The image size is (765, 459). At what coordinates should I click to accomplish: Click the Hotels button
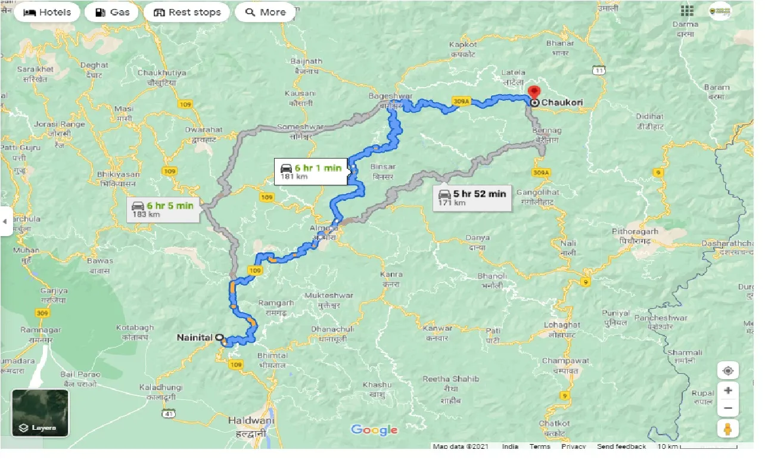(x=46, y=12)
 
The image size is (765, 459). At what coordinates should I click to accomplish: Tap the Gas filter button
(x=111, y=12)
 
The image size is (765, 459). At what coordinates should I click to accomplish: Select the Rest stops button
(x=187, y=12)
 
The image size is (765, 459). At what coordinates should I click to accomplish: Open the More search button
(x=265, y=12)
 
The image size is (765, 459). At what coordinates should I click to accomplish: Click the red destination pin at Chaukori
(x=534, y=92)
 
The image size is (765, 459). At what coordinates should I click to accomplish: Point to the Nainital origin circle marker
(x=219, y=337)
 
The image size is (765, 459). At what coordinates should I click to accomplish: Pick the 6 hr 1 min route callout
(x=312, y=171)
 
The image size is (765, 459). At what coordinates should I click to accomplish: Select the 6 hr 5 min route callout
(x=163, y=209)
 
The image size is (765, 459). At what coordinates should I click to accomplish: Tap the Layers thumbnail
(x=41, y=413)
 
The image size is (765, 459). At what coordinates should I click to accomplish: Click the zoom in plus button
(x=728, y=390)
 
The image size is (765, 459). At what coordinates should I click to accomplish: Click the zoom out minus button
(x=728, y=408)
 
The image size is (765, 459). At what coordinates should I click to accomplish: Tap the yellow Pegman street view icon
(x=728, y=429)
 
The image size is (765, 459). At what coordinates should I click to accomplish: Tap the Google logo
(x=374, y=430)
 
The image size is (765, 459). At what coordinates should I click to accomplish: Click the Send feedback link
(x=621, y=446)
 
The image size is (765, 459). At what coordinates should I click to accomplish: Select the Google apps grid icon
(x=687, y=11)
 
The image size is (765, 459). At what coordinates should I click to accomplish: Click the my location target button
(x=728, y=370)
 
